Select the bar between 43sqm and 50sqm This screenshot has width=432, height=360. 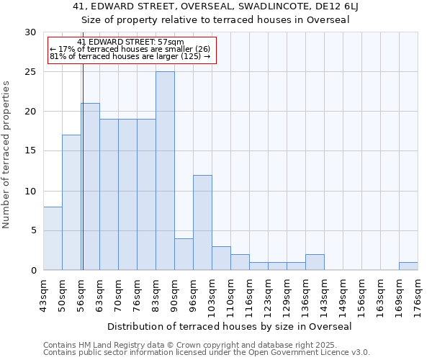[53, 238]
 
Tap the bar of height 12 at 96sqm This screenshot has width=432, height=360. [202, 222]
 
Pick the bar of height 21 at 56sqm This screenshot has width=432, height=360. [90, 186]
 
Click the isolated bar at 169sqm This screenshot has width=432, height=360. [408, 266]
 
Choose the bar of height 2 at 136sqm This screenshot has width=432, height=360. [315, 262]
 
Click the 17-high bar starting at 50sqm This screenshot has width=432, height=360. [71, 202]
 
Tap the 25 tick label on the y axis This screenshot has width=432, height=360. [30, 72]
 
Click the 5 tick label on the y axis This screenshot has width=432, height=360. [33, 230]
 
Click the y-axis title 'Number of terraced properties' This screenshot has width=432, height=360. [6, 155]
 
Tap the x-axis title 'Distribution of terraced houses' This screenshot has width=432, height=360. [234, 326]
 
